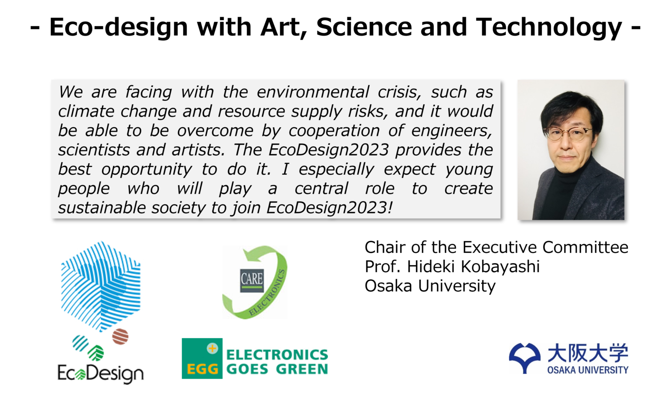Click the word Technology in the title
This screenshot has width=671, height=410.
549,27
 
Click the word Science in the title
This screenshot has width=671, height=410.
364,27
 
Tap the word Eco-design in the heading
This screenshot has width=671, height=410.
119,27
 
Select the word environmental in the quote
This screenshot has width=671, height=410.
313,92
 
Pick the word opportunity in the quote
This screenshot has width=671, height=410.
147,170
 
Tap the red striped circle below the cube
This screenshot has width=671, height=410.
120,336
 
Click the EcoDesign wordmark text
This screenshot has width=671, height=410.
101,373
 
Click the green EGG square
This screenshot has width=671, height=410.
202,359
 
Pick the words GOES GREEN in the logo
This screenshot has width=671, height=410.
277,369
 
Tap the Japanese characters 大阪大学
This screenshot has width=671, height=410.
588,353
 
